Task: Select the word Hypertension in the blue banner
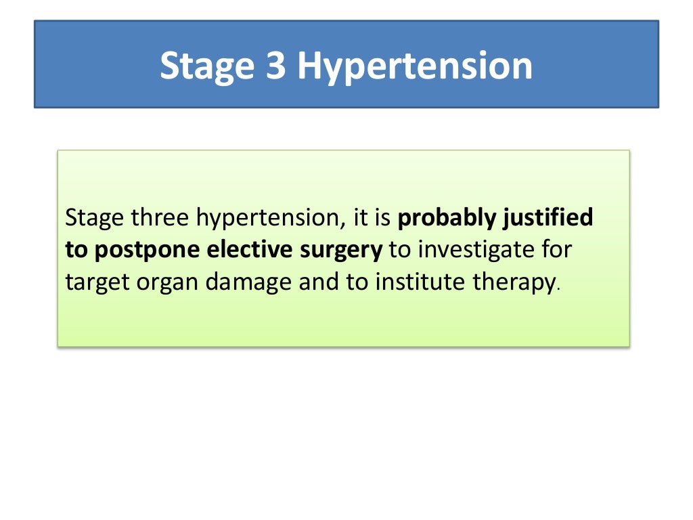tap(414, 66)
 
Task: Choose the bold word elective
tap(250, 249)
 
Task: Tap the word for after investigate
tap(556, 249)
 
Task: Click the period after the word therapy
tap(558, 288)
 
